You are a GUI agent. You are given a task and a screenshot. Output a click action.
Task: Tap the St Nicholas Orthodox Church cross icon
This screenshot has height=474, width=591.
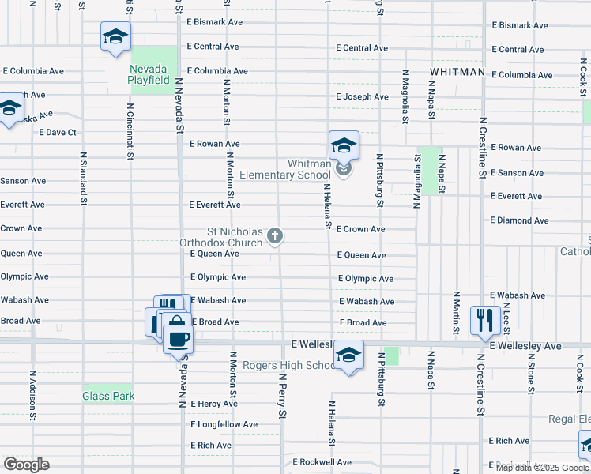(275, 235)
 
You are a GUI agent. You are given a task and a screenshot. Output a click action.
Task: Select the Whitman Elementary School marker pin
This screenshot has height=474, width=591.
(344, 146)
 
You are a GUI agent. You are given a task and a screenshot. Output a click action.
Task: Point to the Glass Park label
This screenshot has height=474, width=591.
(108, 396)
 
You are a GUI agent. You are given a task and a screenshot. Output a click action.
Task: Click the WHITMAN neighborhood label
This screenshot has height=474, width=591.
(457, 72)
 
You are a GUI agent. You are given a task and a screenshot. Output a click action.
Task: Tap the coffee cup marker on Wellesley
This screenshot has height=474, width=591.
(178, 339)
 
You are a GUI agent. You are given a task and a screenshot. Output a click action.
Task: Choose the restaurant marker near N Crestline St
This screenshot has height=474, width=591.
(485, 320)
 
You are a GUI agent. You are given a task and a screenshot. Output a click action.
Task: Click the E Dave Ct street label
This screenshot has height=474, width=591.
(57, 133)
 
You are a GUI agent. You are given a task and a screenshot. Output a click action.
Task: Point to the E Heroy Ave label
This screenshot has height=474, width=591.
(214, 404)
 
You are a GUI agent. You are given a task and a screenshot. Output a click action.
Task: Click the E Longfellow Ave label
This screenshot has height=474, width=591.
(224, 424)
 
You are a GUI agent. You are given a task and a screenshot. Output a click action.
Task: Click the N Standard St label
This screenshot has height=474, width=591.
(82, 179)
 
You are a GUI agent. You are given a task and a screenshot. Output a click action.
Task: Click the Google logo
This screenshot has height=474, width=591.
(26, 465)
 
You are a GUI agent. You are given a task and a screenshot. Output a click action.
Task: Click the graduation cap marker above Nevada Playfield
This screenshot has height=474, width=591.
(115, 36)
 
